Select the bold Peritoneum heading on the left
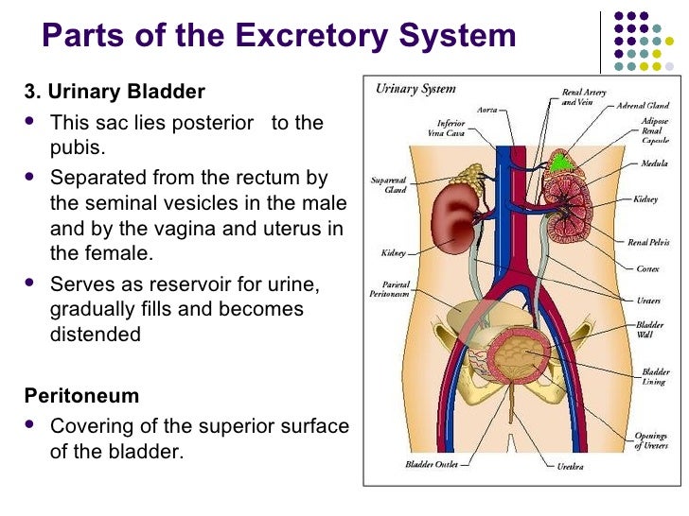tap(81, 395)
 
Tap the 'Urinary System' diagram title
tap(415, 90)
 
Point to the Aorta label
tap(487, 110)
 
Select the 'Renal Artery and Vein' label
tap(577, 97)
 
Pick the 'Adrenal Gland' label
tap(645, 106)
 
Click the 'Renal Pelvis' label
tap(648, 243)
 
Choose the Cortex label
tap(648, 268)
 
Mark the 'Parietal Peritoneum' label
tap(390, 288)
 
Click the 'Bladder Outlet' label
tap(432, 464)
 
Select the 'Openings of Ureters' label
tap(649, 440)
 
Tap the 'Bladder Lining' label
tap(655, 378)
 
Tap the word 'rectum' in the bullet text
tap(288, 178)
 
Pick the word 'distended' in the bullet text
tap(95, 334)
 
